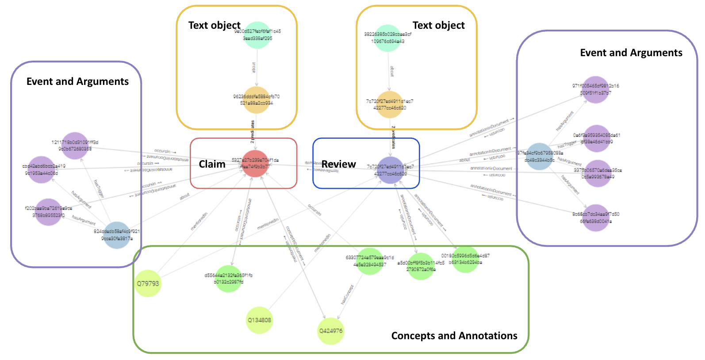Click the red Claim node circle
tap(255, 164)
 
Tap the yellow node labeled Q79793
tap(148, 283)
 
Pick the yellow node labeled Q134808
tap(259, 320)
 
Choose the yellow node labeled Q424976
tap(330, 331)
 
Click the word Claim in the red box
tap(212, 164)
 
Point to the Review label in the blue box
tap(338, 164)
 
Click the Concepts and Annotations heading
tap(454, 336)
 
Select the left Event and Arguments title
tap(77, 81)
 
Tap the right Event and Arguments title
tap(631, 53)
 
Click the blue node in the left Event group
tap(117, 235)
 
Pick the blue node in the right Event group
tap(539, 157)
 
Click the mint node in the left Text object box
tap(257, 35)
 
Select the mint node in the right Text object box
tap(387, 38)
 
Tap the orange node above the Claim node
tap(257, 100)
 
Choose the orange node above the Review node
tap(389, 105)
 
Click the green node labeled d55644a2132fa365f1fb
tap(228, 279)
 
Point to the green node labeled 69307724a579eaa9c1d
tap(370, 261)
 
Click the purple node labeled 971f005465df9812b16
tap(596, 90)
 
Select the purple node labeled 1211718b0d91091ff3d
tap(75, 146)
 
